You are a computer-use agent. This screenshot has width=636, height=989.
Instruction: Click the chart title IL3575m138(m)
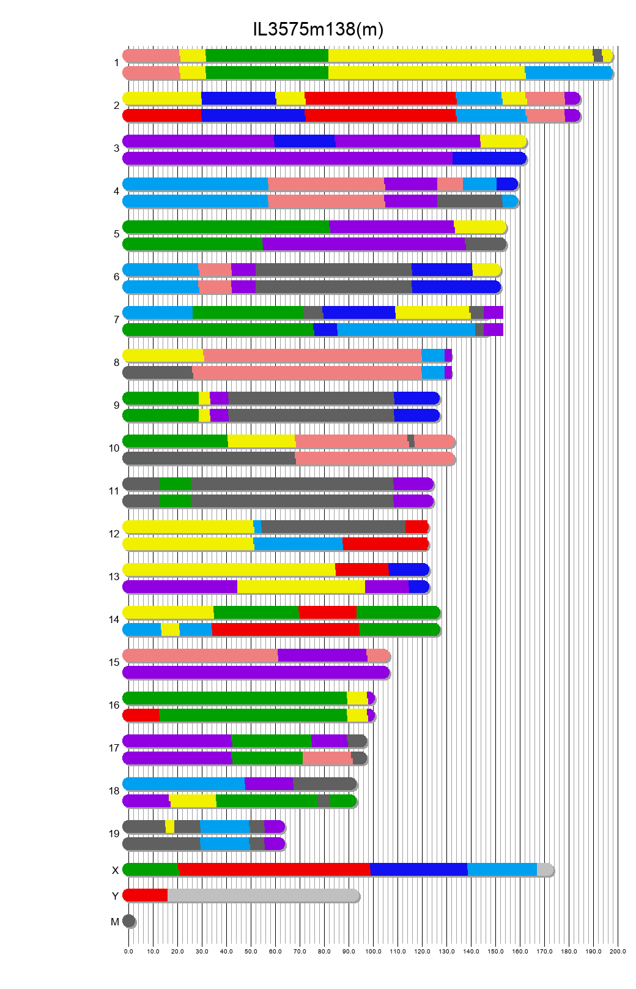pyautogui.click(x=318, y=29)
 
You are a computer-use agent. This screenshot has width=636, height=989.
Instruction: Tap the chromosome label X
pyautogui.click(x=115, y=870)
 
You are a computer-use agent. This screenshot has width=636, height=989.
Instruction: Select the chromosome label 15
pyautogui.click(x=114, y=662)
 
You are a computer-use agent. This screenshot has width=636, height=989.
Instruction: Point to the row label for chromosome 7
pyautogui.click(x=116, y=319)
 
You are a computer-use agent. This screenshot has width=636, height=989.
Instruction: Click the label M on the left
pyautogui.click(x=115, y=922)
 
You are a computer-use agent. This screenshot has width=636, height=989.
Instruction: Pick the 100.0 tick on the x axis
pyautogui.click(x=373, y=952)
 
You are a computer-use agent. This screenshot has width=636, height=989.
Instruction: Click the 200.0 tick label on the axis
pyautogui.click(x=618, y=952)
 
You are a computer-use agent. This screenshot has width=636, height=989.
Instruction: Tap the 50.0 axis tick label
pyautogui.click(x=251, y=952)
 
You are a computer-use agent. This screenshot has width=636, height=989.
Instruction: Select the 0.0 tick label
pyautogui.click(x=128, y=952)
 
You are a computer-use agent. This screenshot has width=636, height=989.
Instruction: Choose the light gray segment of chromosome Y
pyautogui.click(x=263, y=895)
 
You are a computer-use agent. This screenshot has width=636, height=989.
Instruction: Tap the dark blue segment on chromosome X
pyautogui.click(x=419, y=870)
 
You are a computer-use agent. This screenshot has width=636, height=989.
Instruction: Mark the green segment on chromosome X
pyautogui.click(x=151, y=870)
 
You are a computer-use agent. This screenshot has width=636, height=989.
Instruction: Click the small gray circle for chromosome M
pyautogui.click(x=128, y=921)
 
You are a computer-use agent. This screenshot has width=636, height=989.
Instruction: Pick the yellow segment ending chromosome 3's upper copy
pyautogui.click(x=503, y=141)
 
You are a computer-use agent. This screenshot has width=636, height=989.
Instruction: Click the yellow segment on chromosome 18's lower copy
pyautogui.click(x=193, y=801)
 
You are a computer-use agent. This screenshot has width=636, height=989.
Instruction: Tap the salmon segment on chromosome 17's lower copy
pyautogui.click(x=327, y=758)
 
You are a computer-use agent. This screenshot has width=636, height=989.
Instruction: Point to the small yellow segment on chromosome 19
pyautogui.click(x=170, y=827)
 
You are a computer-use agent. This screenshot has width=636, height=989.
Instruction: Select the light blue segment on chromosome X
pyautogui.click(x=502, y=870)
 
